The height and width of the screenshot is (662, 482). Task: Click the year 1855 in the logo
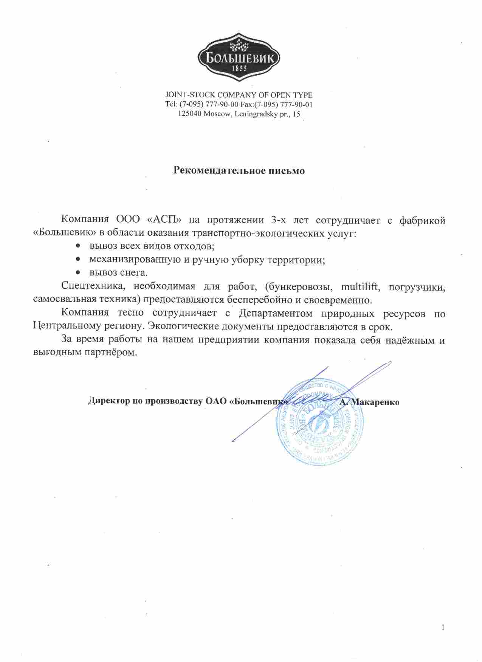point(240,69)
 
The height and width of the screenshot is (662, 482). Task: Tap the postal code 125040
point(189,114)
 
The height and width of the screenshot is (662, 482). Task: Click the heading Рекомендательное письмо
point(239,170)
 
